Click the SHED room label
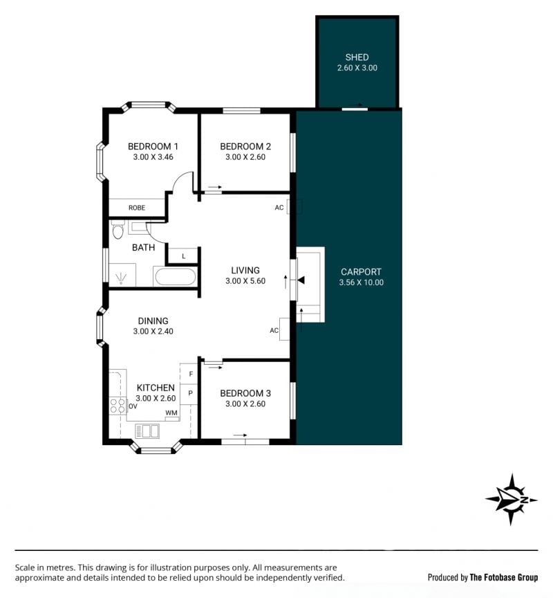click(357, 57)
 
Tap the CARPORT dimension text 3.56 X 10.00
click(361, 282)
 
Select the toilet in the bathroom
click(118, 229)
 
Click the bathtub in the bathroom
click(175, 276)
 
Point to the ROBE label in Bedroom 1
click(137, 208)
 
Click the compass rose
click(512, 499)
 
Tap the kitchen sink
click(147, 431)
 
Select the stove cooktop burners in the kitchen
click(118, 406)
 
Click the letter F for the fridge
click(191, 374)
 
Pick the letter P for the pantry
click(190, 393)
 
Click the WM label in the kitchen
click(171, 413)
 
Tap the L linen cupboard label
click(184, 256)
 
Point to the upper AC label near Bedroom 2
click(279, 208)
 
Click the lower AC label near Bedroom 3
click(274, 330)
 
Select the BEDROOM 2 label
click(245, 147)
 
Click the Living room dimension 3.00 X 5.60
click(245, 281)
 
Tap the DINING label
click(153, 321)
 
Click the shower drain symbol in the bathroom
click(121, 278)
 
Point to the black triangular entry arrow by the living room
click(301, 281)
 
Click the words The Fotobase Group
click(503, 577)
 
